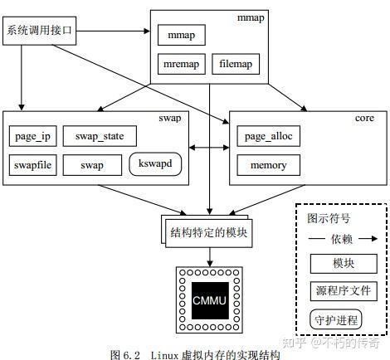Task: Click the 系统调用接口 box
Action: click(x=41, y=31)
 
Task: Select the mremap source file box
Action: click(x=180, y=64)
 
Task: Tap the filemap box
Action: click(x=236, y=64)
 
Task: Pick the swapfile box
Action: click(x=33, y=165)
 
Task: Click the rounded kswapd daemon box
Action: click(x=155, y=164)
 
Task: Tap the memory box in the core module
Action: click(x=268, y=165)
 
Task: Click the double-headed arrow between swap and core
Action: click(x=209, y=149)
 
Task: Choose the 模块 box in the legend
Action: click(x=344, y=264)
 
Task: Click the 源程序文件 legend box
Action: click(x=344, y=291)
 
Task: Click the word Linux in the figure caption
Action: click(x=166, y=353)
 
